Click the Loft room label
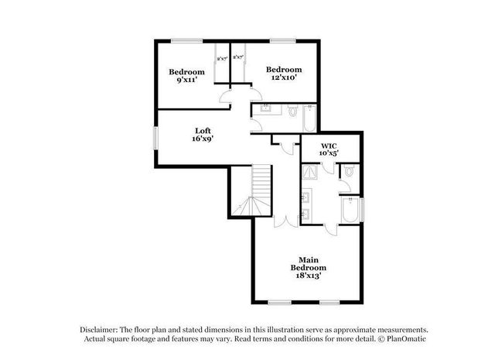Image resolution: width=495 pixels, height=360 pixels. click(203, 130)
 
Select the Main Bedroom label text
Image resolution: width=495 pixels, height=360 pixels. click(306, 263)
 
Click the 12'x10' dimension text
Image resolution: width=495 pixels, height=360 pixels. click(283, 77)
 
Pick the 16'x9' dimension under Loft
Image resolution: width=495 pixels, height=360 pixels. click(203, 139)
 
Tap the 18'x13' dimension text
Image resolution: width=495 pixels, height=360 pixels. click(306, 274)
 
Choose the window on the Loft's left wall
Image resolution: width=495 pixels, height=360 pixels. click(155, 135)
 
